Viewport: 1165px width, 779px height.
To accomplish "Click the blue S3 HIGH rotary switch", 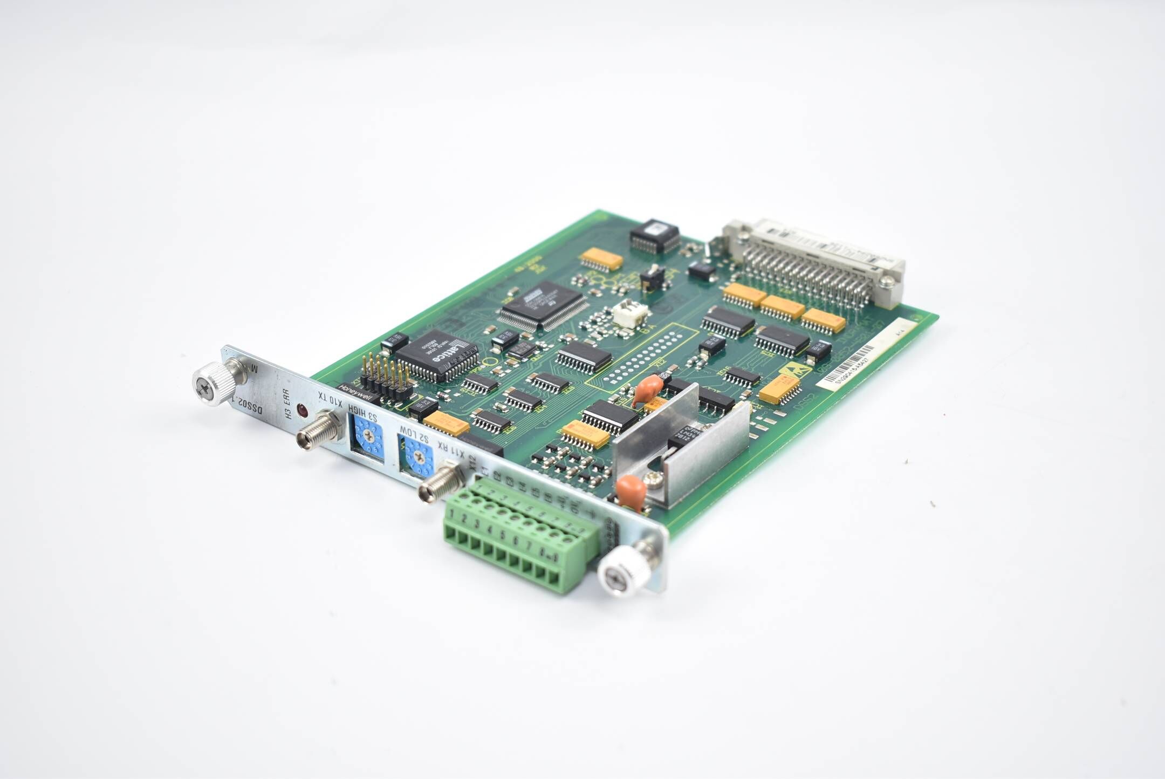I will point(369,438).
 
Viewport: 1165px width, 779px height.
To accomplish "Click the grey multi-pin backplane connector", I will point(814,262).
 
